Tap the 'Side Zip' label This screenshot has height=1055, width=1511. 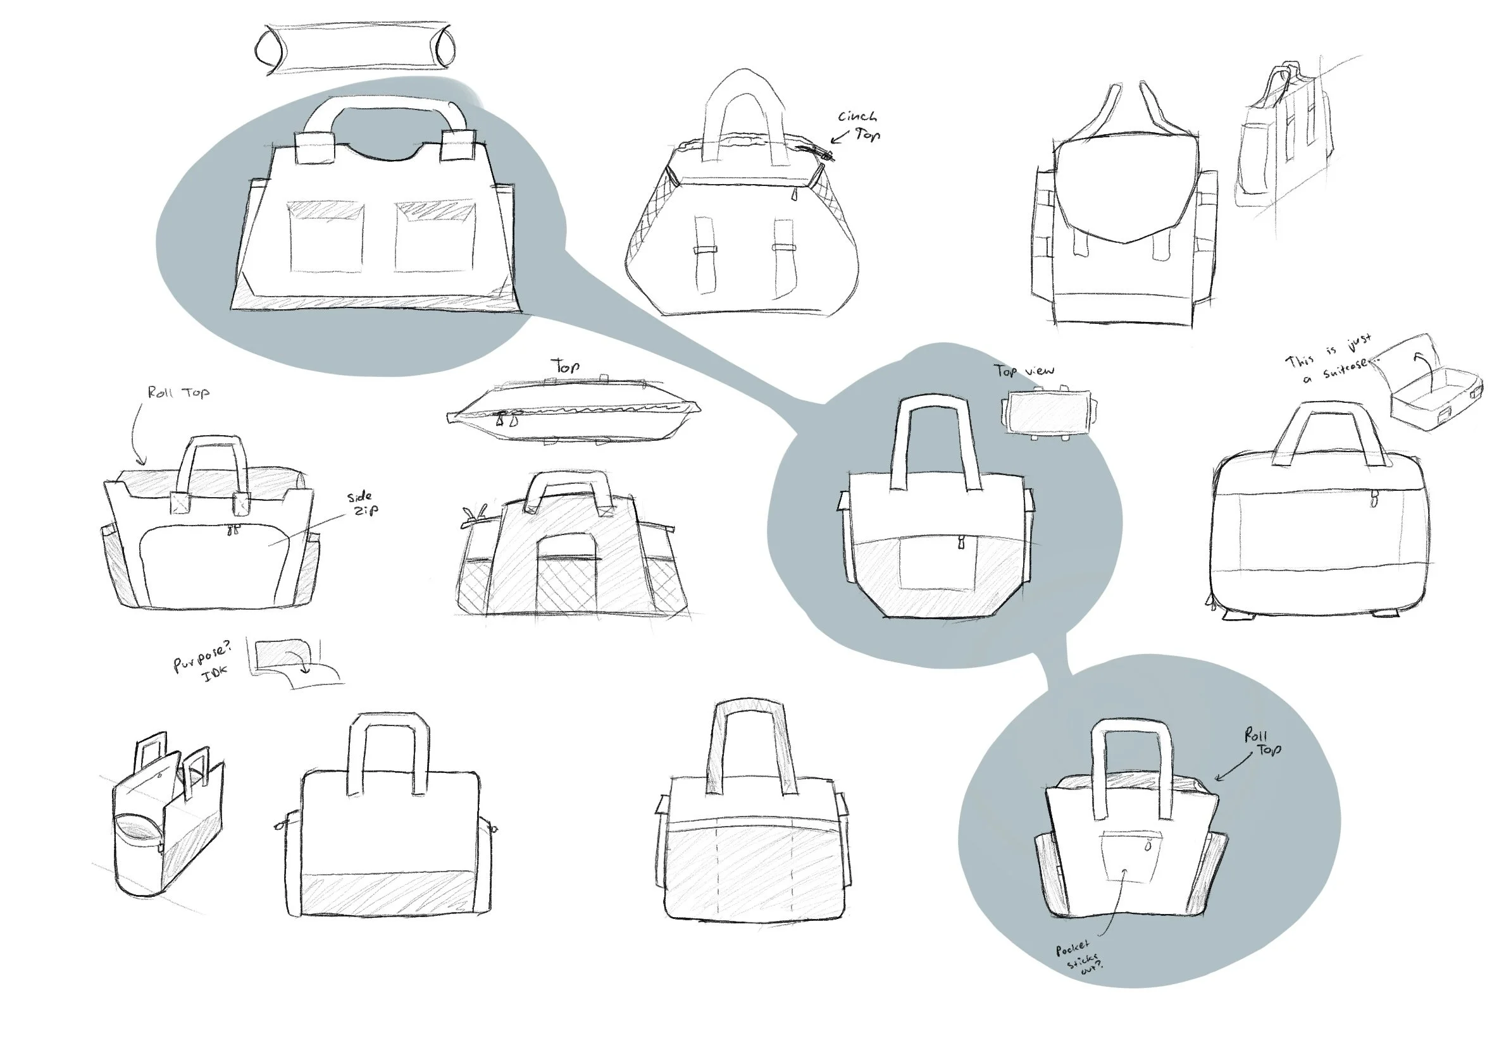point(363,503)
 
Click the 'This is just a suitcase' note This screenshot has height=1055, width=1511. point(1329,359)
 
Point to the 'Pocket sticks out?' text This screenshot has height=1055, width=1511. point(1079,957)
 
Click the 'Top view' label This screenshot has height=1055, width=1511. point(1024,371)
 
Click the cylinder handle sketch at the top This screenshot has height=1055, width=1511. point(354,47)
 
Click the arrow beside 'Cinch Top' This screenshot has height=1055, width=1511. point(840,137)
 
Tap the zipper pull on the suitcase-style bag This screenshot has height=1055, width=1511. point(1374,498)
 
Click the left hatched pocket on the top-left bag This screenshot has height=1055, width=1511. point(325,237)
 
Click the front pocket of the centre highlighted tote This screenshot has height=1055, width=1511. point(937,562)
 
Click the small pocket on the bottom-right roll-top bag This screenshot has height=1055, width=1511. point(1131,855)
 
